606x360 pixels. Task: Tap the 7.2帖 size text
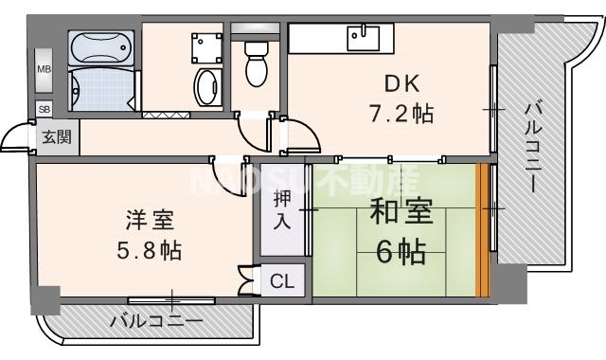pos(401,114)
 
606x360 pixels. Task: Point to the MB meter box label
pos(44,68)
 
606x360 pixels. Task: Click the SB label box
pos(44,110)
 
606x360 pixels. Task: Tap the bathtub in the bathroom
pos(103,46)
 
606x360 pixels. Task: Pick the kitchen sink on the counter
pos(363,37)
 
